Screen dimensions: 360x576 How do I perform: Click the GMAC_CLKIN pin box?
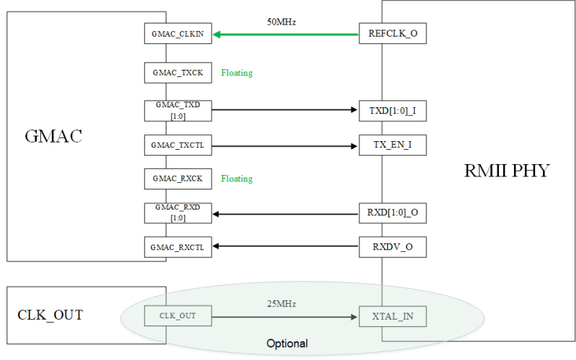coord(177,34)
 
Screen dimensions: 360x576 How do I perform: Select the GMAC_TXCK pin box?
coord(177,73)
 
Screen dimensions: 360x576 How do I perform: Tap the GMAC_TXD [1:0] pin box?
coord(177,110)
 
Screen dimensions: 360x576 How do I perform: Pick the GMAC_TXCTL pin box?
coord(177,145)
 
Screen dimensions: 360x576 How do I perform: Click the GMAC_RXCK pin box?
coord(177,178)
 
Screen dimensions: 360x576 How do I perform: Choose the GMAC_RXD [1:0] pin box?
coord(177,213)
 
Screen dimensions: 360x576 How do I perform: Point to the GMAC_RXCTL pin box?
coord(177,248)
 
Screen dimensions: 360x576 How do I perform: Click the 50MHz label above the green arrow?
coord(282,22)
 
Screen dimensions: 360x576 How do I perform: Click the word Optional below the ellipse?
coord(287,343)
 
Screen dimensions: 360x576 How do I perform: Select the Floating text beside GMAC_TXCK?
coord(237,73)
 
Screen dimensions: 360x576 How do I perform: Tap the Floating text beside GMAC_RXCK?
coord(237,179)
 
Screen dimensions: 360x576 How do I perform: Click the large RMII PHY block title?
coord(508,171)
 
